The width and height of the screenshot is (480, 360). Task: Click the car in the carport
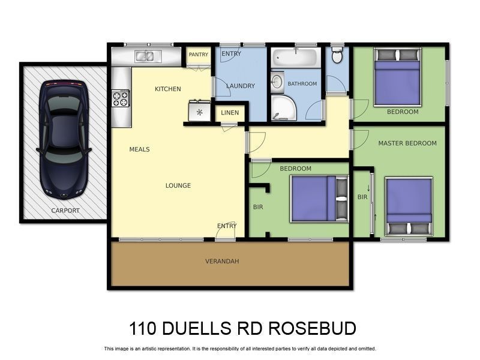point(64,139)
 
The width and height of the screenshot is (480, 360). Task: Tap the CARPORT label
point(65,211)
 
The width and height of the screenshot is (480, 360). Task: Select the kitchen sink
point(145,57)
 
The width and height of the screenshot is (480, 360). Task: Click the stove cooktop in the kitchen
point(121,98)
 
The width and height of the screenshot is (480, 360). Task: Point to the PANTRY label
point(198,55)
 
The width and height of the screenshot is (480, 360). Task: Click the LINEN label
point(230,113)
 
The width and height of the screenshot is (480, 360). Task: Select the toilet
point(337,56)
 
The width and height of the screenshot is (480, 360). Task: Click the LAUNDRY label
point(241,86)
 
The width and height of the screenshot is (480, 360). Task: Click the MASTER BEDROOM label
point(407,143)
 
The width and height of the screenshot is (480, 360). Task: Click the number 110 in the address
point(143,329)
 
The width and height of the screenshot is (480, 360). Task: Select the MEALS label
point(139,149)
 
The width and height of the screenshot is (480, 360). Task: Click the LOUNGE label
point(178,185)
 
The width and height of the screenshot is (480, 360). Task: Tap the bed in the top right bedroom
point(397,77)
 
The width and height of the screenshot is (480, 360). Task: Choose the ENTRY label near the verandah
point(227,226)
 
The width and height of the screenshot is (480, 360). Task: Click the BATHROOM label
point(302,84)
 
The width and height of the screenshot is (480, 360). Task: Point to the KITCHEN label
point(167,89)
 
